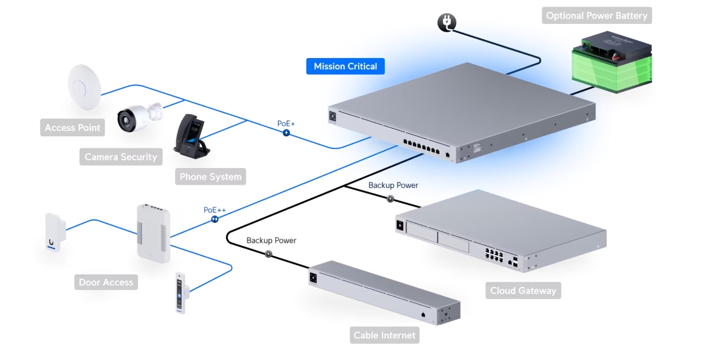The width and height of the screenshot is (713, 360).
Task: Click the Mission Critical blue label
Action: tap(345, 66)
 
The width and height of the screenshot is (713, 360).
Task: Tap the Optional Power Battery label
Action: tap(596, 16)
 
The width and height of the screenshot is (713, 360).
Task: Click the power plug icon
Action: tap(446, 23)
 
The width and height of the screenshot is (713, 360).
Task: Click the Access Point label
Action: tap(73, 127)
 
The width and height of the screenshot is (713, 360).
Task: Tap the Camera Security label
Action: tap(121, 157)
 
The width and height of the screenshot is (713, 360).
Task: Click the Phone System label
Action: tap(211, 176)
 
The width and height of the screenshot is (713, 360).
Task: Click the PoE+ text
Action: tap(286, 123)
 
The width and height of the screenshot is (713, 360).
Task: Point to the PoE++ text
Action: tap(215, 210)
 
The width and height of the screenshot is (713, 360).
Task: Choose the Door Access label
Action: tap(106, 282)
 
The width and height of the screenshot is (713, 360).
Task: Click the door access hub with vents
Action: tap(153, 233)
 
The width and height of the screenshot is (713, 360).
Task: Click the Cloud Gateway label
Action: tap(523, 291)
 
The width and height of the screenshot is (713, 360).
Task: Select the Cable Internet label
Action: tap(384, 335)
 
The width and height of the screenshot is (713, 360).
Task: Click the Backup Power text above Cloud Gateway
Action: tap(393, 185)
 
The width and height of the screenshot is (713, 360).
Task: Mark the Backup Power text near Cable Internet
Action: tap(271, 240)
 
